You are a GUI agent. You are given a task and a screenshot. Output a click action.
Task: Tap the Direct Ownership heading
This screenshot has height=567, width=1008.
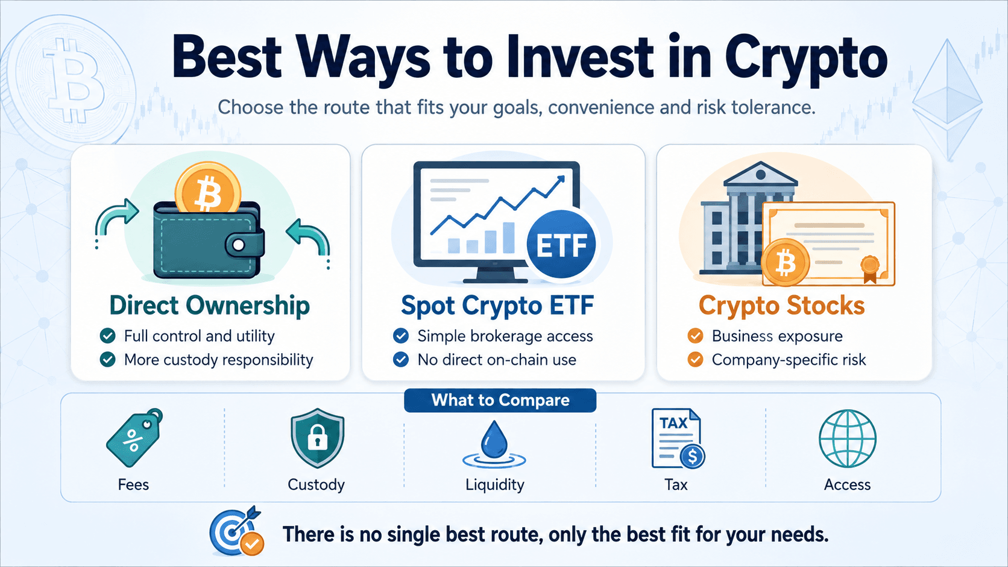coord(210,305)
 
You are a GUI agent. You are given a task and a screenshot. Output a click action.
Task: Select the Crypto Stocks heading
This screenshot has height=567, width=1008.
coord(782,305)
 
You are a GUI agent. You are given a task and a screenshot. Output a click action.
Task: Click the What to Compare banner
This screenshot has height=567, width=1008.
coord(500,400)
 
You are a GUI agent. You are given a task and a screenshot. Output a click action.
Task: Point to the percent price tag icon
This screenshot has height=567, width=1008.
coord(134,437)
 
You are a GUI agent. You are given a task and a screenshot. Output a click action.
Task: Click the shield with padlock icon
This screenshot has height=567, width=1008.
coord(317,438)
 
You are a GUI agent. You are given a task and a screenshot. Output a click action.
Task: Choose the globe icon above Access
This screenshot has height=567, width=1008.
coord(848,439)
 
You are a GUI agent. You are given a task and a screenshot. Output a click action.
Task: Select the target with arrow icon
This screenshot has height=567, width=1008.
coord(236,531)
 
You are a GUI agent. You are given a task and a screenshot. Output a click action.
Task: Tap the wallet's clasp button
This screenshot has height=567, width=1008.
coord(239,245)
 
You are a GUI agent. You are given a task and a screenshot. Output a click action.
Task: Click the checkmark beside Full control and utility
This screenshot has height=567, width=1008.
coord(107,336)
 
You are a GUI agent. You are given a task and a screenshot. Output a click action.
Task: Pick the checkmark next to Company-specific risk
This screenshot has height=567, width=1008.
coord(695,360)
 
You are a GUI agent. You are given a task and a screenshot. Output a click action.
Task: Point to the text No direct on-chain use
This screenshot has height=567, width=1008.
coord(497,360)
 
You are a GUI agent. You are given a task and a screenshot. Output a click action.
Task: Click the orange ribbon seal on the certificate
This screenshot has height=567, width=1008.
coord(870,269)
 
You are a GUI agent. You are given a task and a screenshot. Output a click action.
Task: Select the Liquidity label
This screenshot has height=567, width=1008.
coord(494,484)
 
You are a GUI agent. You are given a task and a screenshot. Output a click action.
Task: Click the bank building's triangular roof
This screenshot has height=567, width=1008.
coord(760,174)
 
